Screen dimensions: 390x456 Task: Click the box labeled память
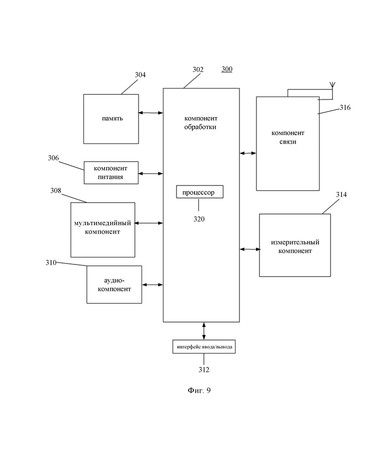(x=111, y=119)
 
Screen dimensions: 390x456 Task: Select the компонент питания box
(x=111, y=172)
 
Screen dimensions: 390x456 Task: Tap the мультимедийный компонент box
(x=102, y=229)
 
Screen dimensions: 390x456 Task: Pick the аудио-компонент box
(x=114, y=284)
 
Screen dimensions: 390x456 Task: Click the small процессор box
(x=200, y=192)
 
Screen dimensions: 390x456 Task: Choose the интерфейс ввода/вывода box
(x=204, y=346)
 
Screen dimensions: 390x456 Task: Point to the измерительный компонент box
(x=295, y=245)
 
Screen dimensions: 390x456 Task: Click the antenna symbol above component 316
(x=332, y=85)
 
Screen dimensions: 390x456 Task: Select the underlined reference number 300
(x=227, y=69)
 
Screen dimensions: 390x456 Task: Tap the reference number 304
(x=140, y=74)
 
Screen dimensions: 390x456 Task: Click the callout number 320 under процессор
(x=199, y=219)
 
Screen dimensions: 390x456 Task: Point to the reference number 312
(x=204, y=369)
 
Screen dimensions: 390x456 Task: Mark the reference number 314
(x=341, y=194)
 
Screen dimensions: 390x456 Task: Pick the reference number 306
(x=53, y=158)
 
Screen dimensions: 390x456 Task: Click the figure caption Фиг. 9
(x=199, y=390)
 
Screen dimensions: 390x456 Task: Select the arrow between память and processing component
(x=150, y=113)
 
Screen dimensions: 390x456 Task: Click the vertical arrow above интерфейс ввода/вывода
(x=204, y=331)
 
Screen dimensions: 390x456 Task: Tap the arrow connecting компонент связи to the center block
(x=248, y=153)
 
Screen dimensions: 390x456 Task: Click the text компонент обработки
(x=200, y=122)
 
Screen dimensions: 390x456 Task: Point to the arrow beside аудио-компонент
(x=152, y=284)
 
